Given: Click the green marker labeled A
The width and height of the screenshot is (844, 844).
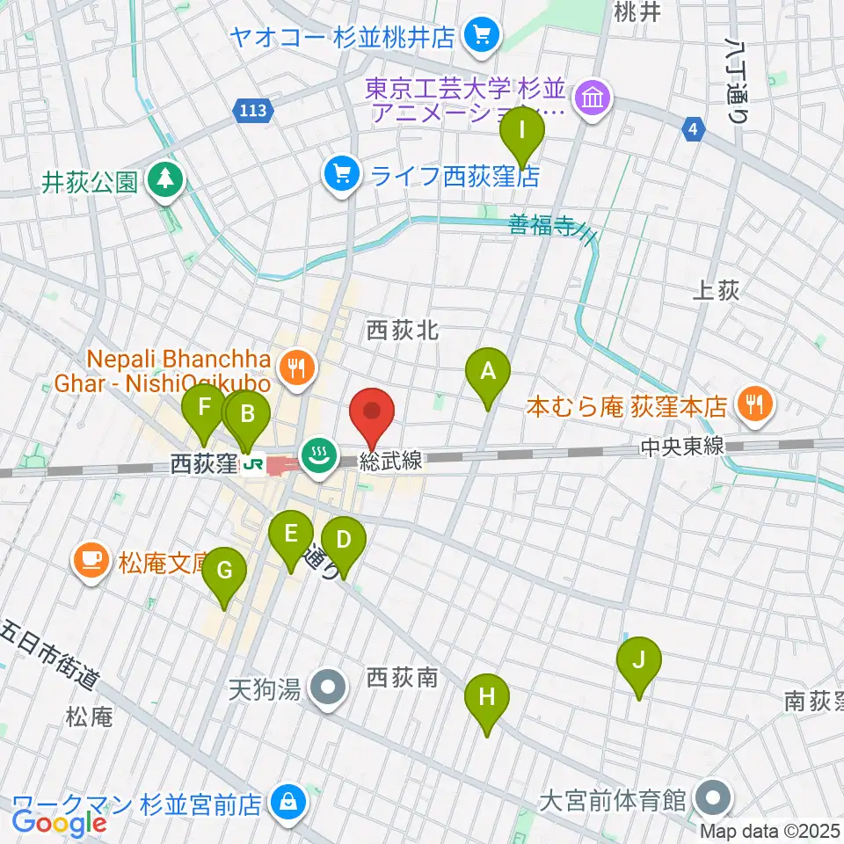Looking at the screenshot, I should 488,373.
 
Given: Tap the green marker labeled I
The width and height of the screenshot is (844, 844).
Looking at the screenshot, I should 522,132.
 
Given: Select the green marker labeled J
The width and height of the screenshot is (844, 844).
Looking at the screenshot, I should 639,660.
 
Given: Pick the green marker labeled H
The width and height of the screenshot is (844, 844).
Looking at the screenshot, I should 486,698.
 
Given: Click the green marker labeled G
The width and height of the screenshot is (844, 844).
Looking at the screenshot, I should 224,572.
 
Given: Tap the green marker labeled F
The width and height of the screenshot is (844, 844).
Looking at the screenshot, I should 204,409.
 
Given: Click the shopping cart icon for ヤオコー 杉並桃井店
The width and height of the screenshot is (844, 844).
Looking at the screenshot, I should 483,36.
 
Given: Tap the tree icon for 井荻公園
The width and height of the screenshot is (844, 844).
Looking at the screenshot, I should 164,181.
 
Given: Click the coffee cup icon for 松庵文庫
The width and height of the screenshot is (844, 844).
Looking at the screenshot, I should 92,559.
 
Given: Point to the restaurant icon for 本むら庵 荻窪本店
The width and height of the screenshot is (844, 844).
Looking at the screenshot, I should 753,405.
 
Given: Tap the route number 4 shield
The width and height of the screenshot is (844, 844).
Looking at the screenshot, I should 694,130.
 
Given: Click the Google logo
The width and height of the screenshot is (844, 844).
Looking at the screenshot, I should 60,823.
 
